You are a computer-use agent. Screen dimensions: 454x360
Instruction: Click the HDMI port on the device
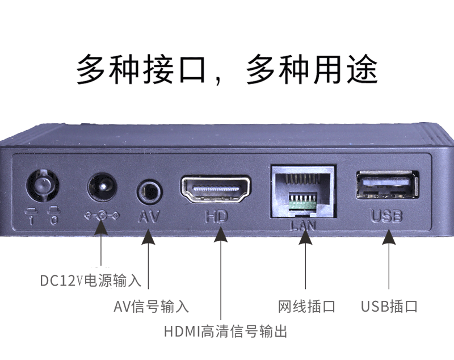point(216,189)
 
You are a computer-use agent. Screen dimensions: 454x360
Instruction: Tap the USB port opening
point(388,185)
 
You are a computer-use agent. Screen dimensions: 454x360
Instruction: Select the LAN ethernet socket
point(303,191)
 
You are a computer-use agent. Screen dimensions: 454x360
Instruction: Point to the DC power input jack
point(102,187)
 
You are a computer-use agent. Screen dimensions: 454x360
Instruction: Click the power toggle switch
point(43,186)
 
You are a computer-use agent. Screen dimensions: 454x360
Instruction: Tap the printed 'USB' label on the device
point(387,216)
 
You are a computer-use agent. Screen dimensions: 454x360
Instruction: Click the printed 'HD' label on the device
point(216,216)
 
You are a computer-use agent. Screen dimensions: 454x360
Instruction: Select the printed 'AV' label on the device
point(149,216)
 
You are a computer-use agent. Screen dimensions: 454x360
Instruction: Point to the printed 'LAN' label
point(303,225)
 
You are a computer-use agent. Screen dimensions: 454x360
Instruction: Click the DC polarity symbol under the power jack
point(102,215)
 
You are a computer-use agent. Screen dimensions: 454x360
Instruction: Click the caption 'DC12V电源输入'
point(90,281)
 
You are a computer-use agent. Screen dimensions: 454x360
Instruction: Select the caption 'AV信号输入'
point(151,307)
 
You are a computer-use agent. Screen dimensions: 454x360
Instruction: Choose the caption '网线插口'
point(306,307)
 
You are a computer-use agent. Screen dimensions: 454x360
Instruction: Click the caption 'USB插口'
point(389,307)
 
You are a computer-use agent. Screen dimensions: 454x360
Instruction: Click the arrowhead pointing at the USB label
point(389,237)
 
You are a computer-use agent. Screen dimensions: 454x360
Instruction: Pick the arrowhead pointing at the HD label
point(221,235)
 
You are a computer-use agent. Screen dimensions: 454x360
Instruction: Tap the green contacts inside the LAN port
point(303,202)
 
